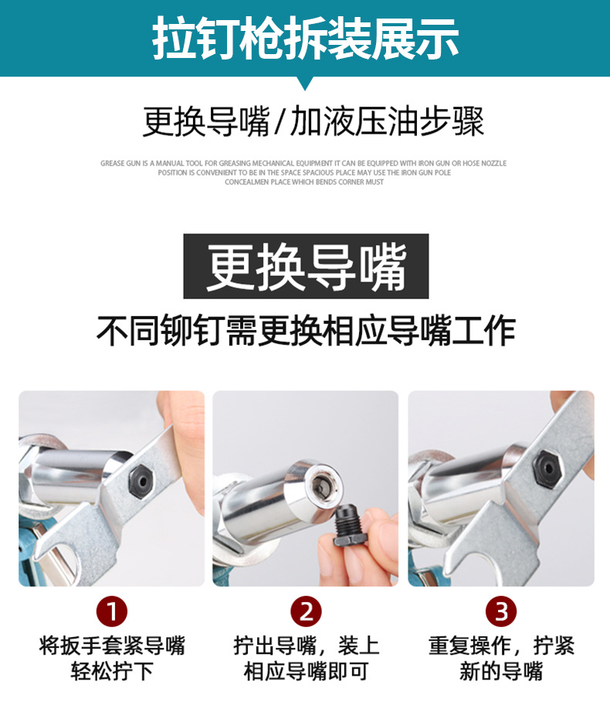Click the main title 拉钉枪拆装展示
tap(306, 38)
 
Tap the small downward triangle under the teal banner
tap(304, 83)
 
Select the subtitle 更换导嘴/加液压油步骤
tap(313, 121)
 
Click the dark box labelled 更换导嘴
tap(306, 266)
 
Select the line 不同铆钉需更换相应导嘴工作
tap(306, 331)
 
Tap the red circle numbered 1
tap(112, 611)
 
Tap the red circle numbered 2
tap(306, 611)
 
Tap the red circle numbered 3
tap(500, 611)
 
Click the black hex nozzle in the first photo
tap(140, 482)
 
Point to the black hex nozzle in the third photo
tap(548, 468)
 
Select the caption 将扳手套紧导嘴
tap(112, 645)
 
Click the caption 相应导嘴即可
tap(306, 671)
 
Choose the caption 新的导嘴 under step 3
tap(501, 671)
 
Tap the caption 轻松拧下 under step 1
tap(112, 671)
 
